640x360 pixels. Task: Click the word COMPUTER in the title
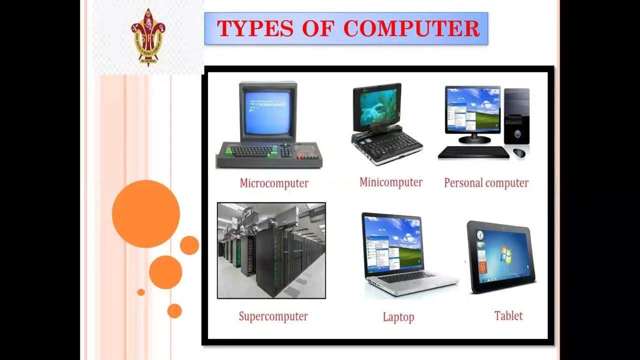(412, 29)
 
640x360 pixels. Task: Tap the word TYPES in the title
(254, 29)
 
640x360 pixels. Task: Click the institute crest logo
(148, 37)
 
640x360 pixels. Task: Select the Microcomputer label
(274, 183)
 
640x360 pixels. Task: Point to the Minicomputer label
(391, 182)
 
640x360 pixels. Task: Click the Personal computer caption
(486, 183)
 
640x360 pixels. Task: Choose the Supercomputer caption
(273, 316)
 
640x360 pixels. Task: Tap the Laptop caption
(398, 317)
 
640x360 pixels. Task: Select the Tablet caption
(508, 316)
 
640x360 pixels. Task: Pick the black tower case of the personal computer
(517, 116)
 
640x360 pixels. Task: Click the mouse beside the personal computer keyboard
(519, 152)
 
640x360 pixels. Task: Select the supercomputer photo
(271, 250)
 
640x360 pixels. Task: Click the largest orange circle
(146, 214)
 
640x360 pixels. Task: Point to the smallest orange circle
(141, 292)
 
